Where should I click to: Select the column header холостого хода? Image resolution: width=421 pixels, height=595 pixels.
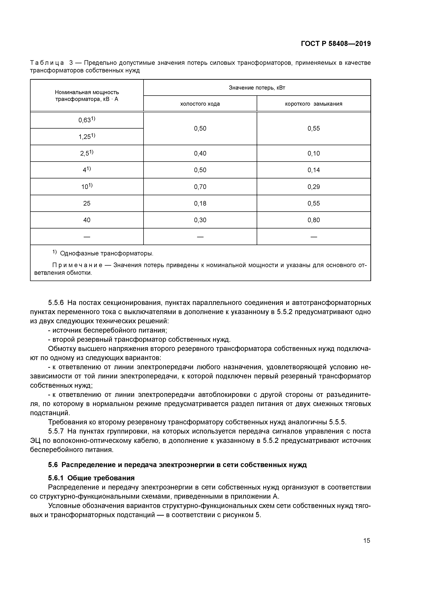pos(200,104)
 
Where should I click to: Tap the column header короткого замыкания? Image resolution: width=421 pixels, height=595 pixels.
pos(314,104)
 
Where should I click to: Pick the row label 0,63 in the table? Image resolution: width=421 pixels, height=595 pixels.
pos(87,120)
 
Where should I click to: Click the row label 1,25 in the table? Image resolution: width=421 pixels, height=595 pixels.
pos(87,137)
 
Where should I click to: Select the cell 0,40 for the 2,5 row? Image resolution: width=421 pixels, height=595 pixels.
pos(200,153)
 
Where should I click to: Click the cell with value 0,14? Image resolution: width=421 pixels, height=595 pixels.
pos(314,170)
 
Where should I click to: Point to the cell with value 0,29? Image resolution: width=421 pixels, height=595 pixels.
pos(314,187)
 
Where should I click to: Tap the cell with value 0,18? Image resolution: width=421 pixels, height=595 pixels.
pos(200,203)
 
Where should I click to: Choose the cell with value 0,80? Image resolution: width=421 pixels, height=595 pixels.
pos(314,220)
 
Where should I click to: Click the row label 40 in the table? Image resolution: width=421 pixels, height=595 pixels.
pos(87,220)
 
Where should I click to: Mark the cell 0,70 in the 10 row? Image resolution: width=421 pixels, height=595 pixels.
pos(200,187)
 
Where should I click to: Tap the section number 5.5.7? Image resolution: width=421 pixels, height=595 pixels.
pos(56,431)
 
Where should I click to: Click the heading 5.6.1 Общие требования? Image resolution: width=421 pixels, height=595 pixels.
pos(91,478)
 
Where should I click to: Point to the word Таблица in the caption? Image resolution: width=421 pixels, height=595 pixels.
pos(47,63)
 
